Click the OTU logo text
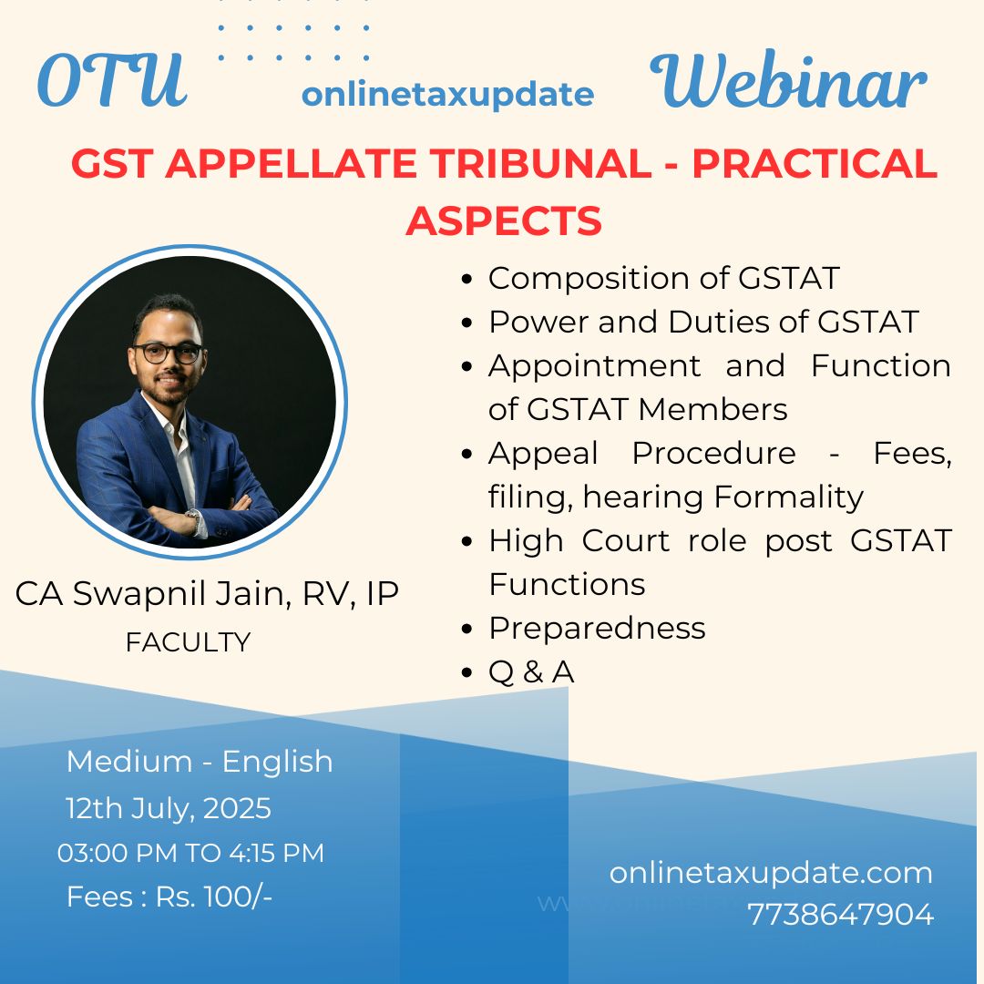(112, 82)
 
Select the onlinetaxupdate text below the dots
(447, 94)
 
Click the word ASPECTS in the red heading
(504, 220)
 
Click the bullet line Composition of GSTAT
(662, 278)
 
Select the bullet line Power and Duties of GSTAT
(702, 322)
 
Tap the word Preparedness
(597, 628)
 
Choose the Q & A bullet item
(531, 671)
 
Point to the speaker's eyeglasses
(169, 353)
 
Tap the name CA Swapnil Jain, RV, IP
(207, 593)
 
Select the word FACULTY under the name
(188, 642)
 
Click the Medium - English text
(200, 762)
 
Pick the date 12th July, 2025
(169, 808)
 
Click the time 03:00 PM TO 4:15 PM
(190, 853)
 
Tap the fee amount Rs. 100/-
(214, 897)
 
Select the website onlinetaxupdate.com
(771, 873)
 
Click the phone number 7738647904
(840, 914)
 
